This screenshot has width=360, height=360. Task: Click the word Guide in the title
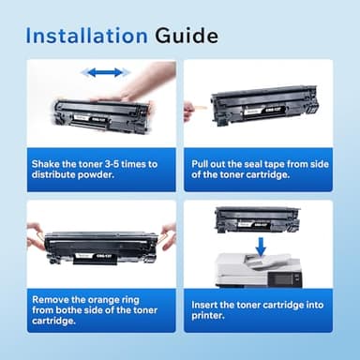click(x=186, y=37)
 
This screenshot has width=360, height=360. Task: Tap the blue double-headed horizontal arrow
click(x=104, y=72)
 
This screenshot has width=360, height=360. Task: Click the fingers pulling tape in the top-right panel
click(x=189, y=111)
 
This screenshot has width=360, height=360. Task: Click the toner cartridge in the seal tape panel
click(x=265, y=104)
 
